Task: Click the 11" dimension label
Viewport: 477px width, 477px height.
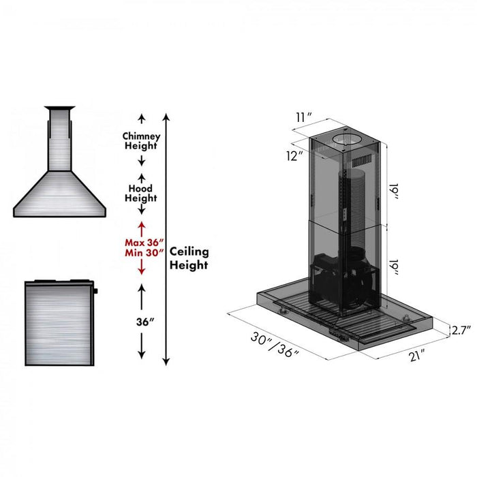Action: tap(304, 117)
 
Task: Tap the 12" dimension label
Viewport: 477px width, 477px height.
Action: tap(294, 155)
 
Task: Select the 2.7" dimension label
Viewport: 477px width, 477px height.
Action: tap(461, 330)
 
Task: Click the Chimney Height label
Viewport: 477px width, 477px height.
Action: tap(141, 140)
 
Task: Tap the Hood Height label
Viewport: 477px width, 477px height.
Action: tap(141, 193)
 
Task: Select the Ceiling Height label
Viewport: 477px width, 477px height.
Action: tap(189, 258)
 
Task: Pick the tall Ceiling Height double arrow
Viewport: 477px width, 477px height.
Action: tap(166, 238)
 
